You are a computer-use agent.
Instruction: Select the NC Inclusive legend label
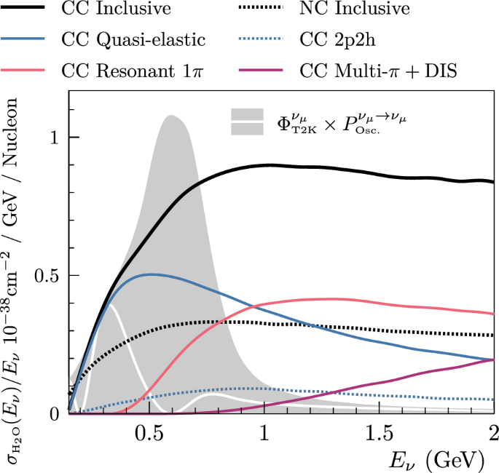coord(355,9)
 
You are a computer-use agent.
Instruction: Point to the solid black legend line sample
coord(28,9)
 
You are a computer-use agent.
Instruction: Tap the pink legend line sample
coord(28,71)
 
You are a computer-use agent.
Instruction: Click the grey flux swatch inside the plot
coord(247,122)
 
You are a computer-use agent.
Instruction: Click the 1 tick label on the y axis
coord(53,138)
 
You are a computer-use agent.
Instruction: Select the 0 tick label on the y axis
coord(53,413)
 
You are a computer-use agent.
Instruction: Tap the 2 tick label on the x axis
coord(493,434)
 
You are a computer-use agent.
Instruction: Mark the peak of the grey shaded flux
coord(170,116)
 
